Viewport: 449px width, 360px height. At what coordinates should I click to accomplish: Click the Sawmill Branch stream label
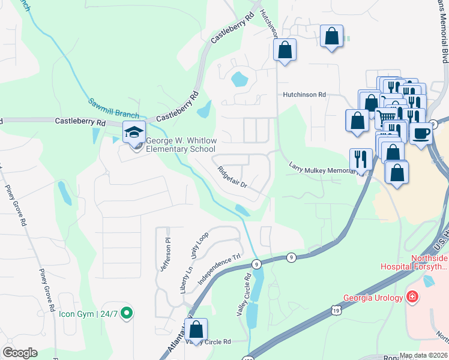[x=114, y=108]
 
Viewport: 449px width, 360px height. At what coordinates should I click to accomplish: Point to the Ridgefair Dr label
[x=233, y=176]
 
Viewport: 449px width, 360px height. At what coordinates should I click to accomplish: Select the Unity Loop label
[x=199, y=245]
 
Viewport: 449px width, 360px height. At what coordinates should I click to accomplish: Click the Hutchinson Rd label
[x=304, y=95]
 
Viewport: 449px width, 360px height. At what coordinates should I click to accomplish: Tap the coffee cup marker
[x=421, y=132]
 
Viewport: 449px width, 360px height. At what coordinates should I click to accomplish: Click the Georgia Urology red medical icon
[x=412, y=297]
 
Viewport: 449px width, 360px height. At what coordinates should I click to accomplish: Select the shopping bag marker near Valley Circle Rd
[x=196, y=330]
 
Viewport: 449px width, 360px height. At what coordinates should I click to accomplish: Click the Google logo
[x=20, y=353]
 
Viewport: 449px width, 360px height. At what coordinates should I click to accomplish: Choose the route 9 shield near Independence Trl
[x=256, y=263]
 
